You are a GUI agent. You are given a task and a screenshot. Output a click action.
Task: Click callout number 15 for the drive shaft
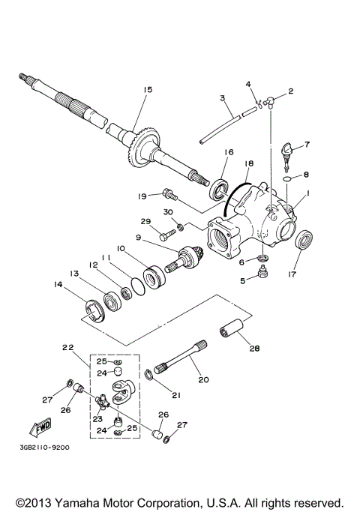(x=147, y=90)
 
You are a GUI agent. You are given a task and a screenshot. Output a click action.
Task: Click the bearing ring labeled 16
(x=221, y=187)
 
